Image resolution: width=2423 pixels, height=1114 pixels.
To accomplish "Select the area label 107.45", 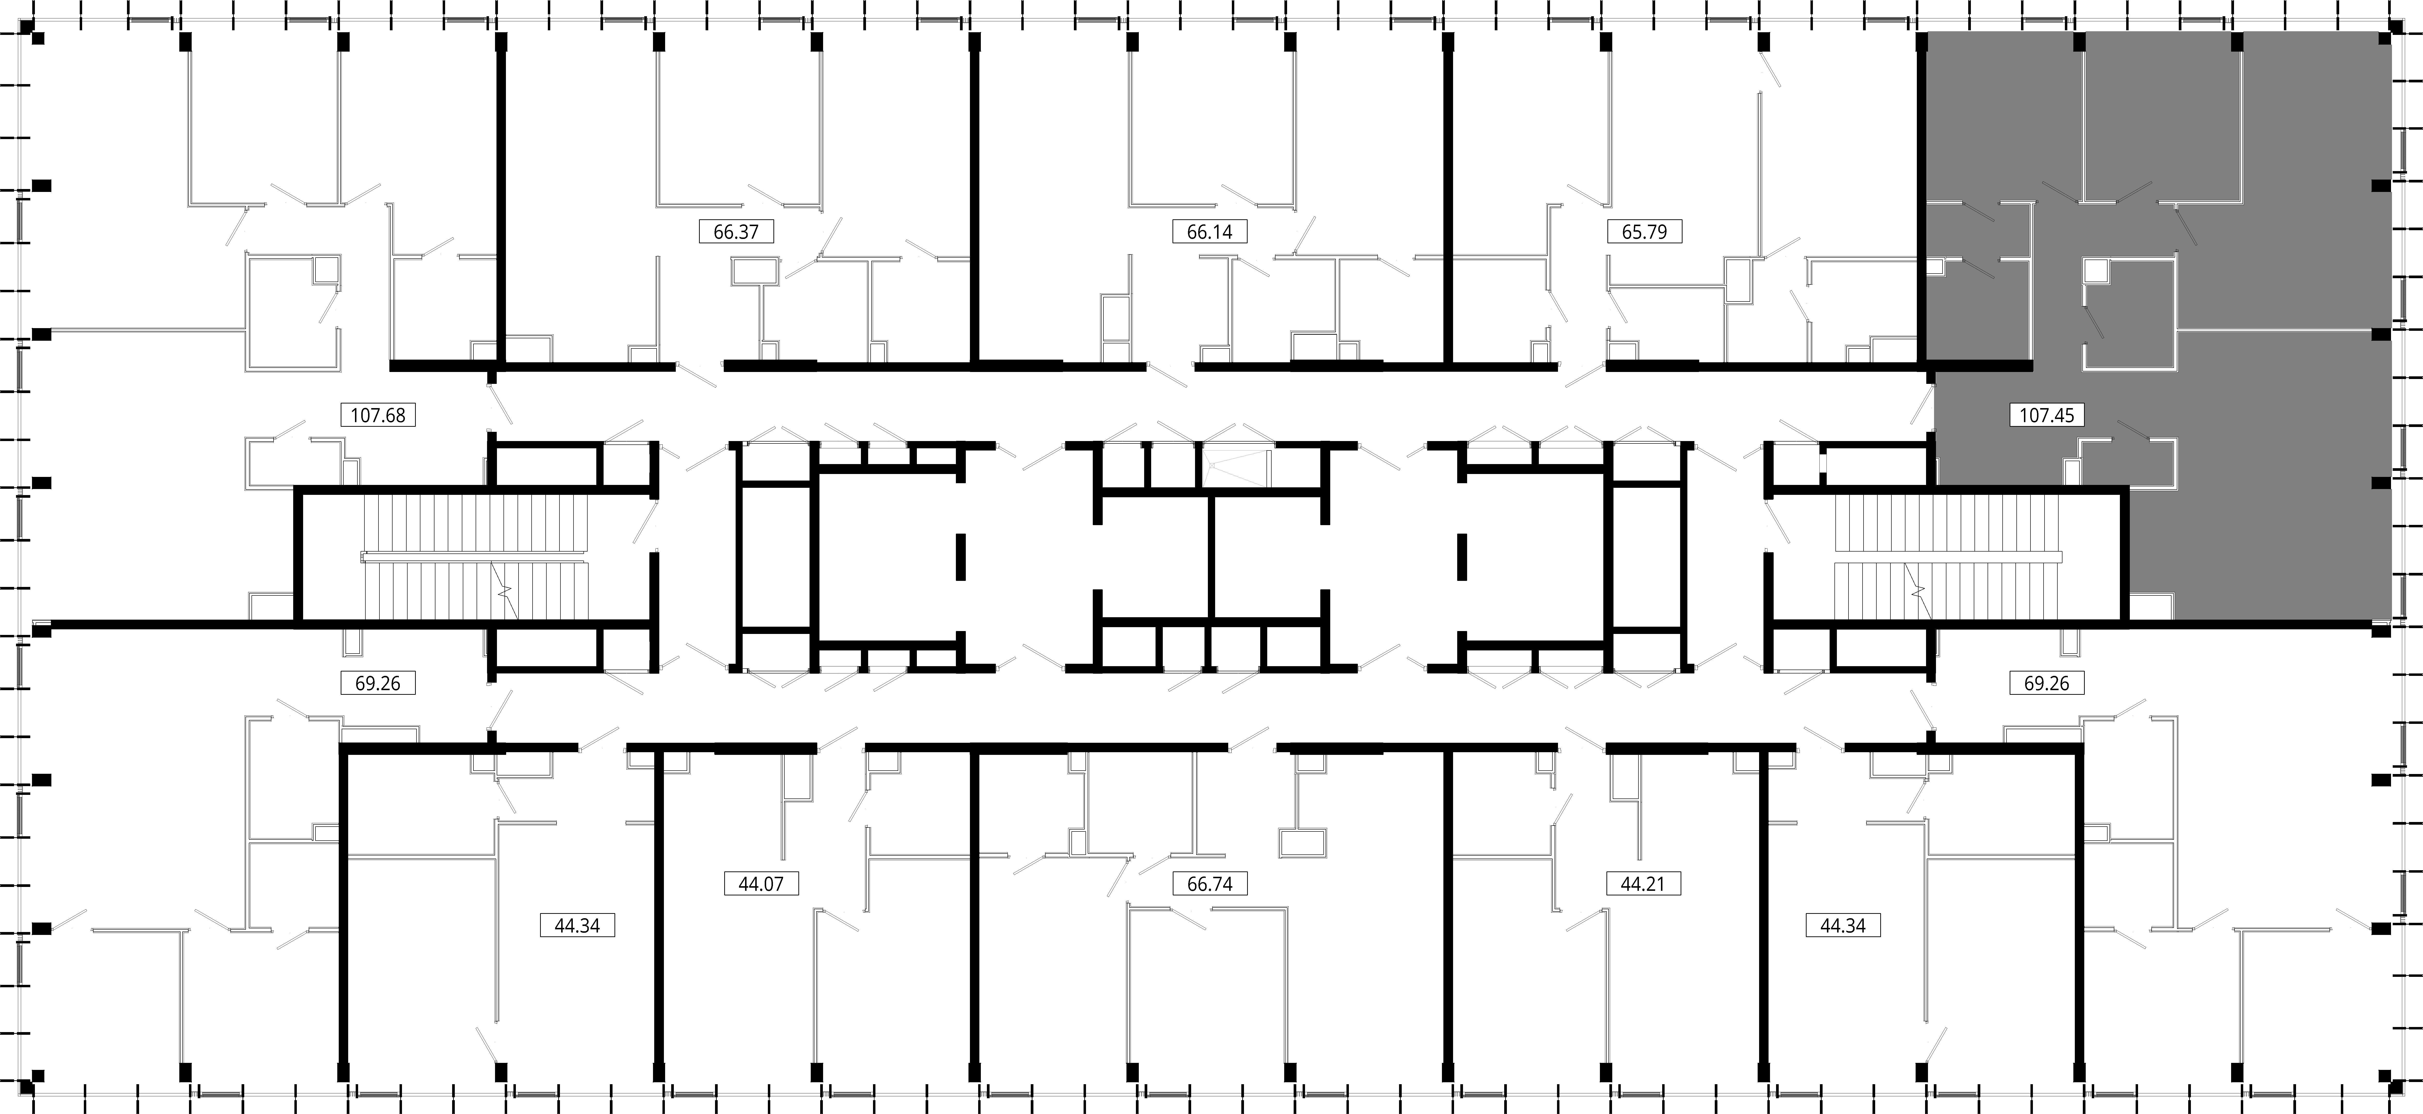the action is [x=2047, y=414].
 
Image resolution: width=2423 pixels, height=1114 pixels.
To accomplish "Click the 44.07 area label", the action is [x=761, y=884].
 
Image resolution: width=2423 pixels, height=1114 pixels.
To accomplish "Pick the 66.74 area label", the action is [x=1210, y=884].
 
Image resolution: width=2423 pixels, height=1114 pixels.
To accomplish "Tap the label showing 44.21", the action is [x=1642, y=884].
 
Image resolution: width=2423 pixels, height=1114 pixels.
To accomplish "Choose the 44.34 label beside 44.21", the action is [x=1843, y=925].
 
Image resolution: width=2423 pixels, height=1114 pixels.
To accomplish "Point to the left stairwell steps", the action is [x=475, y=558].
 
